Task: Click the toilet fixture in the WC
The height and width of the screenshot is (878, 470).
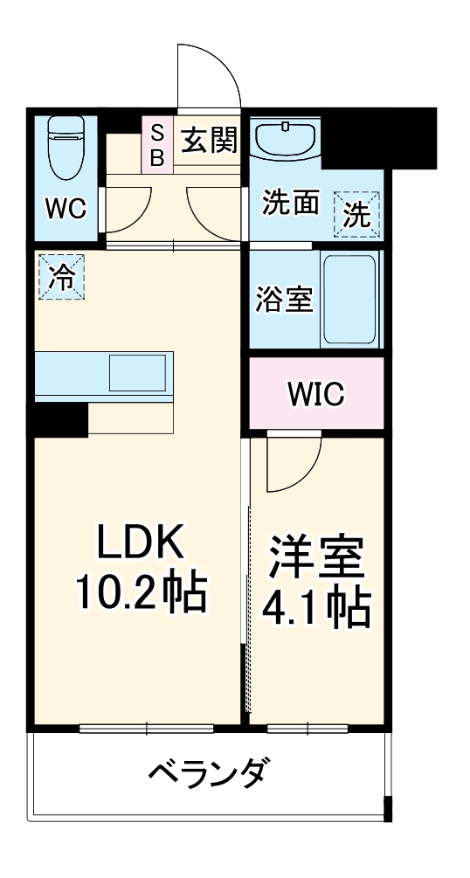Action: (x=66, y=144)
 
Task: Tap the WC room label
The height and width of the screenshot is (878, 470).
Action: (x=66, y=209)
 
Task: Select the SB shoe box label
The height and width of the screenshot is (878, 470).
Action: (x=157, y=145)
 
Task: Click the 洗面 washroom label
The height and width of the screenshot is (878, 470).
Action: (x=290, y=204)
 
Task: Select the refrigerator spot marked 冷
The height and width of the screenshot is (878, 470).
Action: (x=61, y=276)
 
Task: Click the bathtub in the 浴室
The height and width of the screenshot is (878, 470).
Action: (x=349, y=300)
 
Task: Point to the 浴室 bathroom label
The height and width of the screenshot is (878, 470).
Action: (x=284, y=300)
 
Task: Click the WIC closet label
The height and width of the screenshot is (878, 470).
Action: (x=315, y=394)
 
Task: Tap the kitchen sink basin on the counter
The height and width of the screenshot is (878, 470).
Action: (x=136, y=374)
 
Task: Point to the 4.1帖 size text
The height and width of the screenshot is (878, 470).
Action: (x=316, y=608)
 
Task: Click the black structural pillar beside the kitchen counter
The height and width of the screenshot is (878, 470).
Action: (x=61, y=419)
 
